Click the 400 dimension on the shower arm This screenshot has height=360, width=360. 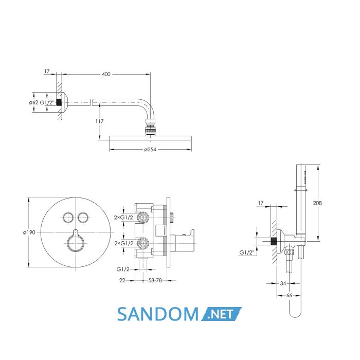pyautogui.click(x=106, y=74)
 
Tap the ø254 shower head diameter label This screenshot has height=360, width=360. pyautogui.click(x=150, y=150)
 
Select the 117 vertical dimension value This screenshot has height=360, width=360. pyautogui.click(x=99, y=121)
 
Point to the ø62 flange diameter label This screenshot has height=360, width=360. pyautogui.click(x=33, y=102)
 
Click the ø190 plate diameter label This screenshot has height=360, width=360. pyautogui.click(x=29, y=232)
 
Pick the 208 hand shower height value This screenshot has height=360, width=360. pyautogui.click(x=317, y=203)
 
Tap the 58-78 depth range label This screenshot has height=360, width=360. pyautogui.click(x=155, y=280)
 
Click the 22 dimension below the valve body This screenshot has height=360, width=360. pyautogui.click(x=122, y=280)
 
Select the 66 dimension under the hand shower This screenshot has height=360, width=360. pyautogui.click(x=289, y=296)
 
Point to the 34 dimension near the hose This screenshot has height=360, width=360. pyautogui.click(x=283, y=283)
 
